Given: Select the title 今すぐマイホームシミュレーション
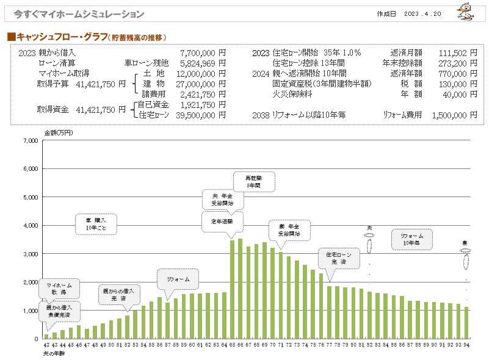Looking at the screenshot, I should [79, 14].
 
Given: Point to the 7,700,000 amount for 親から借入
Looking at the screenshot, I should [198, 53].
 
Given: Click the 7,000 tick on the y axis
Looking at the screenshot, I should [30, 141].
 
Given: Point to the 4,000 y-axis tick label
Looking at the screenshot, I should [30, 226].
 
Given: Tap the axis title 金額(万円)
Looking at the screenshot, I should [57, 132].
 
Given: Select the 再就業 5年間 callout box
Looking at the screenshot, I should [255, 182].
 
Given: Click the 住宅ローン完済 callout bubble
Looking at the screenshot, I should [335, 258].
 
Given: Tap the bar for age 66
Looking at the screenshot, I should [241, 289].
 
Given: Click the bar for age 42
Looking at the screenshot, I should [46, 336].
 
